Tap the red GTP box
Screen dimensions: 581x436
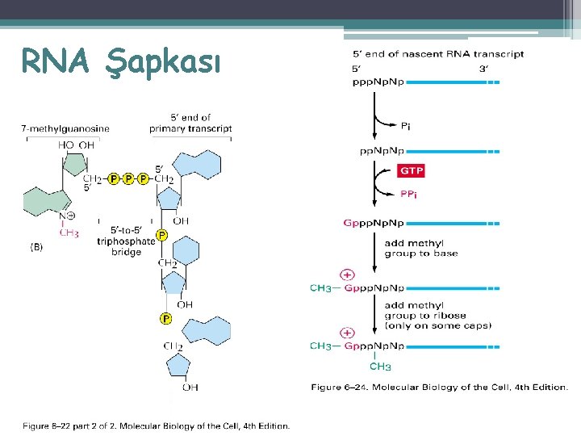411,171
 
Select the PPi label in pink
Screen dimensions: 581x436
409,195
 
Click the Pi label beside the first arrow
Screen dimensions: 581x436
408,125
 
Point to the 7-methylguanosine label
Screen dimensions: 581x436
65,128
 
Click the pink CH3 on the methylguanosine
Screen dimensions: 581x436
69,233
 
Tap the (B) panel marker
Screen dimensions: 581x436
37,248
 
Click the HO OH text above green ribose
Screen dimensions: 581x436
76,145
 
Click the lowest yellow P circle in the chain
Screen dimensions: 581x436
165,319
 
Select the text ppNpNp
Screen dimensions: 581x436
382,151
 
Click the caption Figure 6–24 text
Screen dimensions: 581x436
439,388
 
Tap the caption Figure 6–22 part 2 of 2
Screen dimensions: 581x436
156,426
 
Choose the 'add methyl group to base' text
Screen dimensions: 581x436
420,248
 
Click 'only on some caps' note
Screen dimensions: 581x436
437,326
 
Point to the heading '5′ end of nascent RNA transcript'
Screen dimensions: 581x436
438,54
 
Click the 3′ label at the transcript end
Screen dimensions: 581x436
483,69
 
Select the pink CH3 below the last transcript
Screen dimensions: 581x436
380,367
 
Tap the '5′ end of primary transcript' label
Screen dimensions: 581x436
190,124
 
